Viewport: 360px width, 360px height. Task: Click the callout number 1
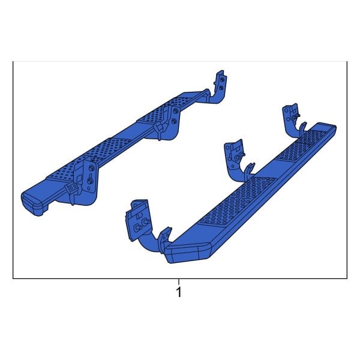[178, 293]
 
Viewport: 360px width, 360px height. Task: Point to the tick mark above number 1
[178, 281]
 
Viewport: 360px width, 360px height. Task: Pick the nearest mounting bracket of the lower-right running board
[142, 222]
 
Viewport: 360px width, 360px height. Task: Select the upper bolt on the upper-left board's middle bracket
[174, 110]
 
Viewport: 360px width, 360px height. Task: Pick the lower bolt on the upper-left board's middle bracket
[174, 121]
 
